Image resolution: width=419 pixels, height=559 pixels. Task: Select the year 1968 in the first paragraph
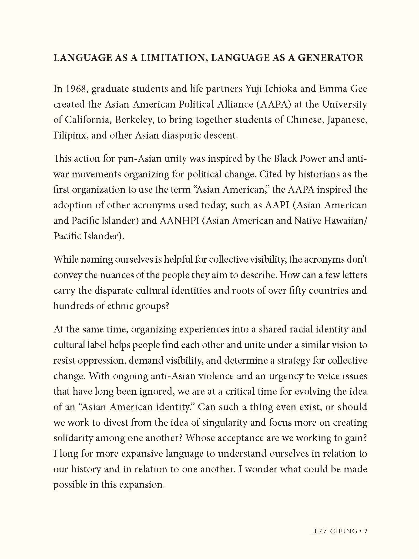point(76,89)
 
